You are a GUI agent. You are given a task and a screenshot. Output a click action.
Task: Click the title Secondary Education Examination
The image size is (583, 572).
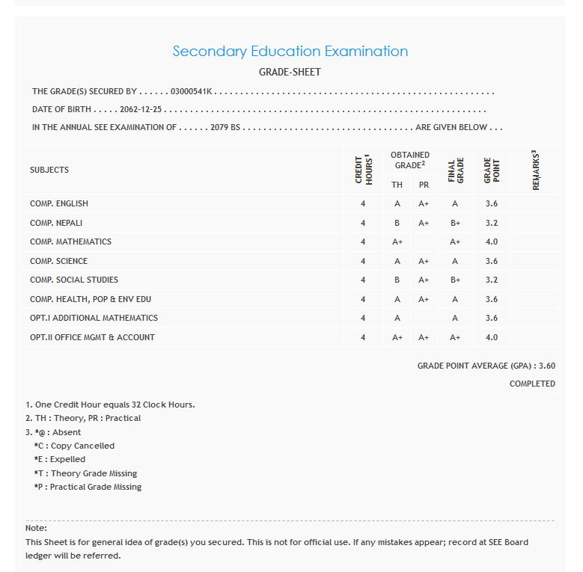click(x=290, y=52)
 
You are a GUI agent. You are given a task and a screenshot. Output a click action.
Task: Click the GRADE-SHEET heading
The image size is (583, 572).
click(x=290, y=73)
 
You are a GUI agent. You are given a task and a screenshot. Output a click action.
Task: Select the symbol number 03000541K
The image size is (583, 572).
click(x=192, y=92)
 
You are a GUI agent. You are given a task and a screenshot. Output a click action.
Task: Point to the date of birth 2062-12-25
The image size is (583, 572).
click(x=141, y=110)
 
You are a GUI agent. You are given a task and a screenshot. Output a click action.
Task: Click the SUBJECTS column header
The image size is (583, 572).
click(x=49, y=170)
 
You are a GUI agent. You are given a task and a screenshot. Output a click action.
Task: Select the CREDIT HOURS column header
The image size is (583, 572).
click(x=363, y=170)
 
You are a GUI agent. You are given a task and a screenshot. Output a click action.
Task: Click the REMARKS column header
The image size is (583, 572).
click(x=536, y=170)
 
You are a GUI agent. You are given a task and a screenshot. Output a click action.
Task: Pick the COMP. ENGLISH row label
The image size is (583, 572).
click(x=59, y=204)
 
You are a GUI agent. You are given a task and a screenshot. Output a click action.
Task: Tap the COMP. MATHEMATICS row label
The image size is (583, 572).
click(x=70, y=242)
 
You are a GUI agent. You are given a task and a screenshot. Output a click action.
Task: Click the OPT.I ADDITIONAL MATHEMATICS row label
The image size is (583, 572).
click(x=94, y=319)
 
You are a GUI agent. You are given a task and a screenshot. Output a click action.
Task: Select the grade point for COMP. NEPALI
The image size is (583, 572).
click(x=491, y=224)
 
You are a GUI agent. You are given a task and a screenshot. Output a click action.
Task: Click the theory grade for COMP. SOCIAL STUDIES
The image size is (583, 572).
click(x=397, y=280)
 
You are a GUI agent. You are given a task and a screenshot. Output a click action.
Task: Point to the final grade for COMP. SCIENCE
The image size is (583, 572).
click(x=455, y=262)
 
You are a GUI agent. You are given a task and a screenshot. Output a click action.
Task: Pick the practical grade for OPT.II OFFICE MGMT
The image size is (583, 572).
click(x=424, y=338)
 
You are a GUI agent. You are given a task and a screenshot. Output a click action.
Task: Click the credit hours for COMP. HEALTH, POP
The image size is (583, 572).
click(x=363, y=300)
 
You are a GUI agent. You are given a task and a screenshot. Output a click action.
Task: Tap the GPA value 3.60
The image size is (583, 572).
click(x=546, y=366)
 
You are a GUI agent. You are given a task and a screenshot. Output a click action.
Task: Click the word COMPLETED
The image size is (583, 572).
click(x=532, y=384)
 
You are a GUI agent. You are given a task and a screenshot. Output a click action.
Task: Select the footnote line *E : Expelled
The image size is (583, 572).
click(x=60, y=460)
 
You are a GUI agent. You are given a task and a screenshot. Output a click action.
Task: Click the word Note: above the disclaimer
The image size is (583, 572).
click(x=36, y=529)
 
